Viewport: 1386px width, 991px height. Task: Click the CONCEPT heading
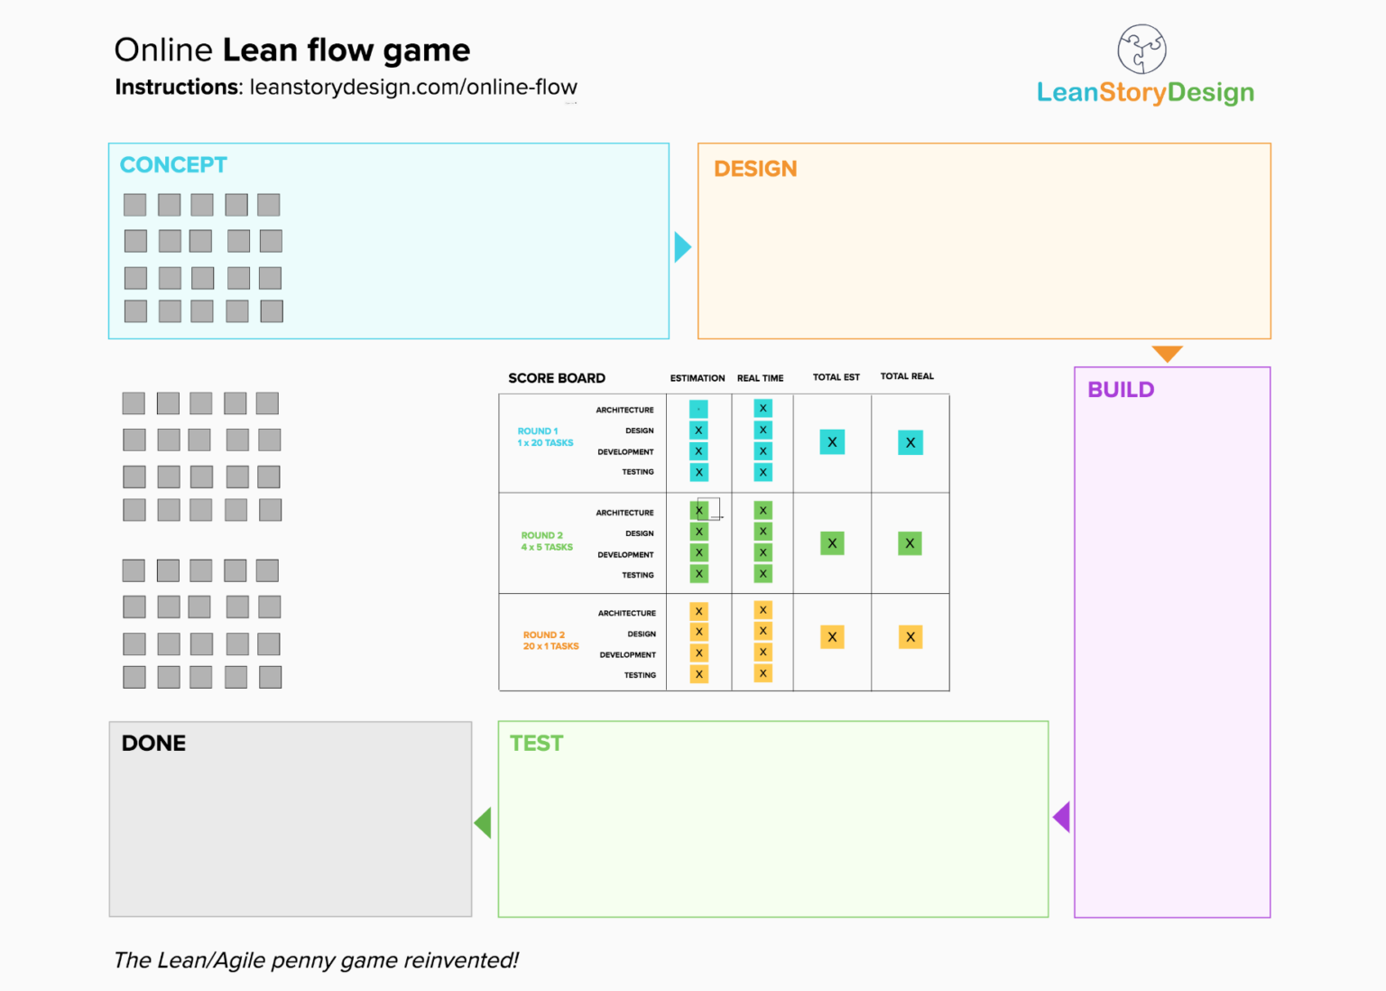click(173, 165)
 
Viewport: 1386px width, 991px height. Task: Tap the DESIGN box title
click(755, 169)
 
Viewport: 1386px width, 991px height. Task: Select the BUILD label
click(1121, 390)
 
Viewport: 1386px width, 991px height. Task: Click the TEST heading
click(536, 744)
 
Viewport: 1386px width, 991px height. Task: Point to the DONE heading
click(153, 744)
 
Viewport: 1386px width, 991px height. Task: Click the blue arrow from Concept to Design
click(682, 247)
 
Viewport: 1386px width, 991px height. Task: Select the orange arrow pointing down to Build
click(1167, 353)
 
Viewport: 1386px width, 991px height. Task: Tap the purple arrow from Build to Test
click(1062, 818)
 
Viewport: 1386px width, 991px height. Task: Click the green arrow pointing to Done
click(484, 822)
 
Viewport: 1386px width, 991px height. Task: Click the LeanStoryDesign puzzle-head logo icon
click(1141, 49)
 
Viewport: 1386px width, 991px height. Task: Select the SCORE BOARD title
click(557, 378)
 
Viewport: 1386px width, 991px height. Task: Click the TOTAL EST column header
click(836, 377)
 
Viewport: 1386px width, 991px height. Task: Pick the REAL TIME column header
click(760, 378)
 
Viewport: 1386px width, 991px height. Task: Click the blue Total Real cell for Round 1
click(910, 442)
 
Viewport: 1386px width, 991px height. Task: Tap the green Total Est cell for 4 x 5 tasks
click(832, 543)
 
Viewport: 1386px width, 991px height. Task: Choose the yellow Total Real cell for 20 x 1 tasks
click(910, 637)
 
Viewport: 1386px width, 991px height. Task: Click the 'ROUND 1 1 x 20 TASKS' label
click(545, 437)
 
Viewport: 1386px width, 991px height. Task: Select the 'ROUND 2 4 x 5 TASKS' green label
click(546, 542)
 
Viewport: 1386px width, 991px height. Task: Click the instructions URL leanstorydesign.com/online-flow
click(413, 88)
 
